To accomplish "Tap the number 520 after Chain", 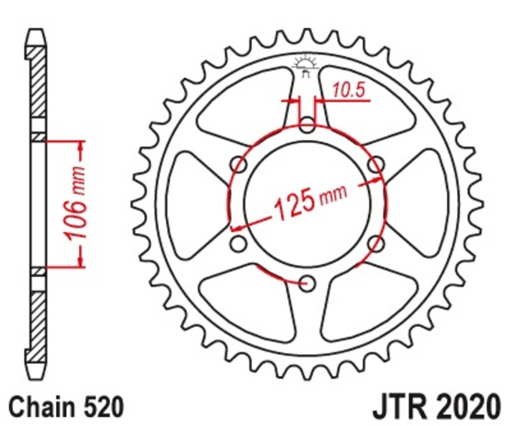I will pos(99,406).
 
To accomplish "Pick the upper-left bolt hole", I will pos(240,165).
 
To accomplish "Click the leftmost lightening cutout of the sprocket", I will pos(188,203).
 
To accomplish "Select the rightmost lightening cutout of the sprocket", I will pos(425,203).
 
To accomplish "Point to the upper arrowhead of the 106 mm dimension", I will pos(80,147).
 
